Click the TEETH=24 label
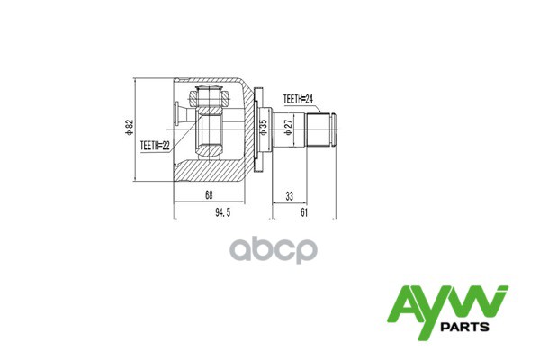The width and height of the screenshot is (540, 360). (298, 99)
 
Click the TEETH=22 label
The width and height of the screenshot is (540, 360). (155, 144)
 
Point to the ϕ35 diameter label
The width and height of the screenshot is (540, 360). (264, 128)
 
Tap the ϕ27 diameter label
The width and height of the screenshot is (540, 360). (286, 128)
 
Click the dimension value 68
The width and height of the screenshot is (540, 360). (208, 195)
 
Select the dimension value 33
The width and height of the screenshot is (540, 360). (289, 195)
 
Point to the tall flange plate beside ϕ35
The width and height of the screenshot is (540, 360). (256, 129)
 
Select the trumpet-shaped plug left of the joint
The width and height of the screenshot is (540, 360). (180, 112)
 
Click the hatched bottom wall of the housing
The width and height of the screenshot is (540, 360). (211, 168)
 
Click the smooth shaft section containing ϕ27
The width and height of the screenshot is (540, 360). (290, 129)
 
